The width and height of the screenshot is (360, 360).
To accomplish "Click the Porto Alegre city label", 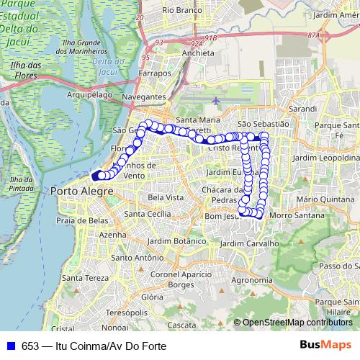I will tap(82, 191).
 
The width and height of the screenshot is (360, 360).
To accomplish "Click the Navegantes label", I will tap(144, 96).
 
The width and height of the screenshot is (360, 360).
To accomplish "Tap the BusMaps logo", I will tap(326, 345).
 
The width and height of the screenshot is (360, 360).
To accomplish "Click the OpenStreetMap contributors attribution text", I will tap(297, 323).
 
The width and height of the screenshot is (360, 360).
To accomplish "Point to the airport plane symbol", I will tap(217, 99).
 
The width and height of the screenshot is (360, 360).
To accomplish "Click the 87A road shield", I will tap(312, 35).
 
